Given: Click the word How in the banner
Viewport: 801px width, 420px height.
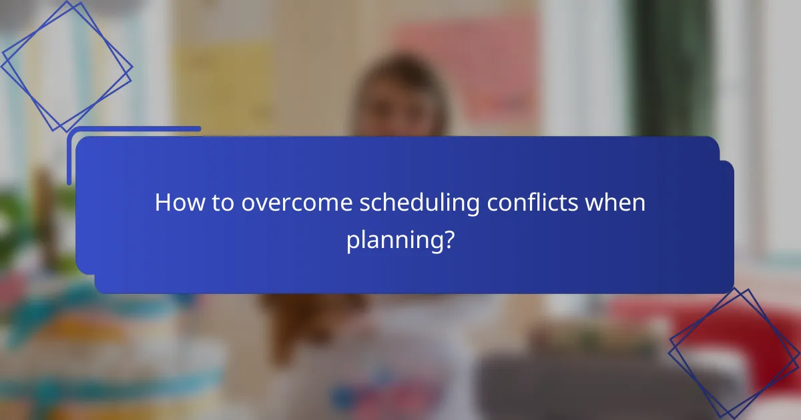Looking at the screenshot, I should (176, 203).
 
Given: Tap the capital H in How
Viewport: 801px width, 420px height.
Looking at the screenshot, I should (162, 203).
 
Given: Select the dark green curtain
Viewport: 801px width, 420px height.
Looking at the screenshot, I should (674, 67).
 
